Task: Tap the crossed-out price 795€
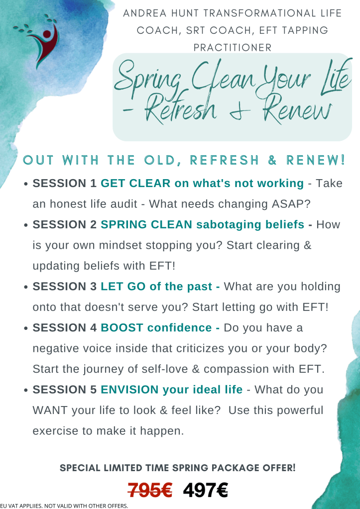[150, 491]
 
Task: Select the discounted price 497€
[205, 491]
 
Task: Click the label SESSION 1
[65, 183]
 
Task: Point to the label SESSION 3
[65, 287]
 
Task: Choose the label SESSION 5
[65, 390]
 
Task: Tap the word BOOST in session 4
[121, 328]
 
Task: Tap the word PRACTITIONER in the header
[233, 47]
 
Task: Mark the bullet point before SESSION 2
[26, 225]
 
